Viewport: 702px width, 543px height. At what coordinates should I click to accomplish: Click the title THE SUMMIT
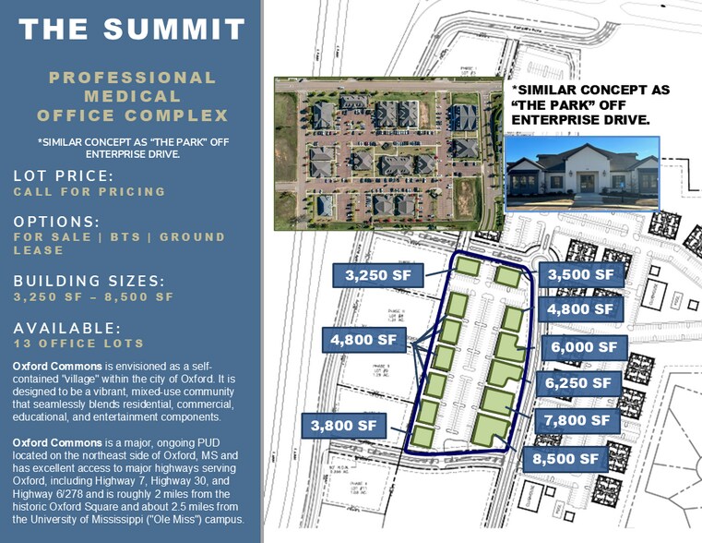tap(132, 28)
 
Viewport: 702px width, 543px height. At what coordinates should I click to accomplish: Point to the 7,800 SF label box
tap(577, 420)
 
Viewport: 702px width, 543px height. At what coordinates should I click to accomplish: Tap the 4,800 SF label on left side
tap(363, 341)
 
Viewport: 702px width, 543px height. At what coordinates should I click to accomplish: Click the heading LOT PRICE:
tap(64, 175)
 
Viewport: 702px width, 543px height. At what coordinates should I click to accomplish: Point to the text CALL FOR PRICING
tap(89, 192)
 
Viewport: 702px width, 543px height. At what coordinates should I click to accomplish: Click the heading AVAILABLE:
tap(67, 328)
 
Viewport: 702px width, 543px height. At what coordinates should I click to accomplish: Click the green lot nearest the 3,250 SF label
tap(468, 267)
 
